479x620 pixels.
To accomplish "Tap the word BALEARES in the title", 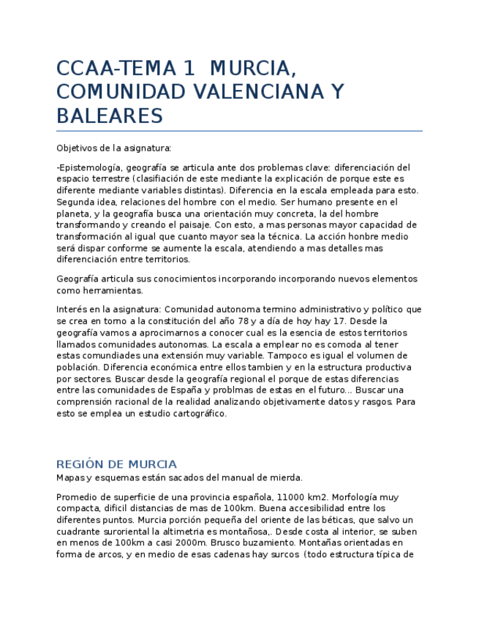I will tap(109, 116).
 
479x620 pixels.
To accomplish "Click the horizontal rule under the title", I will tap(239, 131).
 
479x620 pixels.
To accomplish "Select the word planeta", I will tap(73, 213).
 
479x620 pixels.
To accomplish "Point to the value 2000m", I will tap(213, 542).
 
